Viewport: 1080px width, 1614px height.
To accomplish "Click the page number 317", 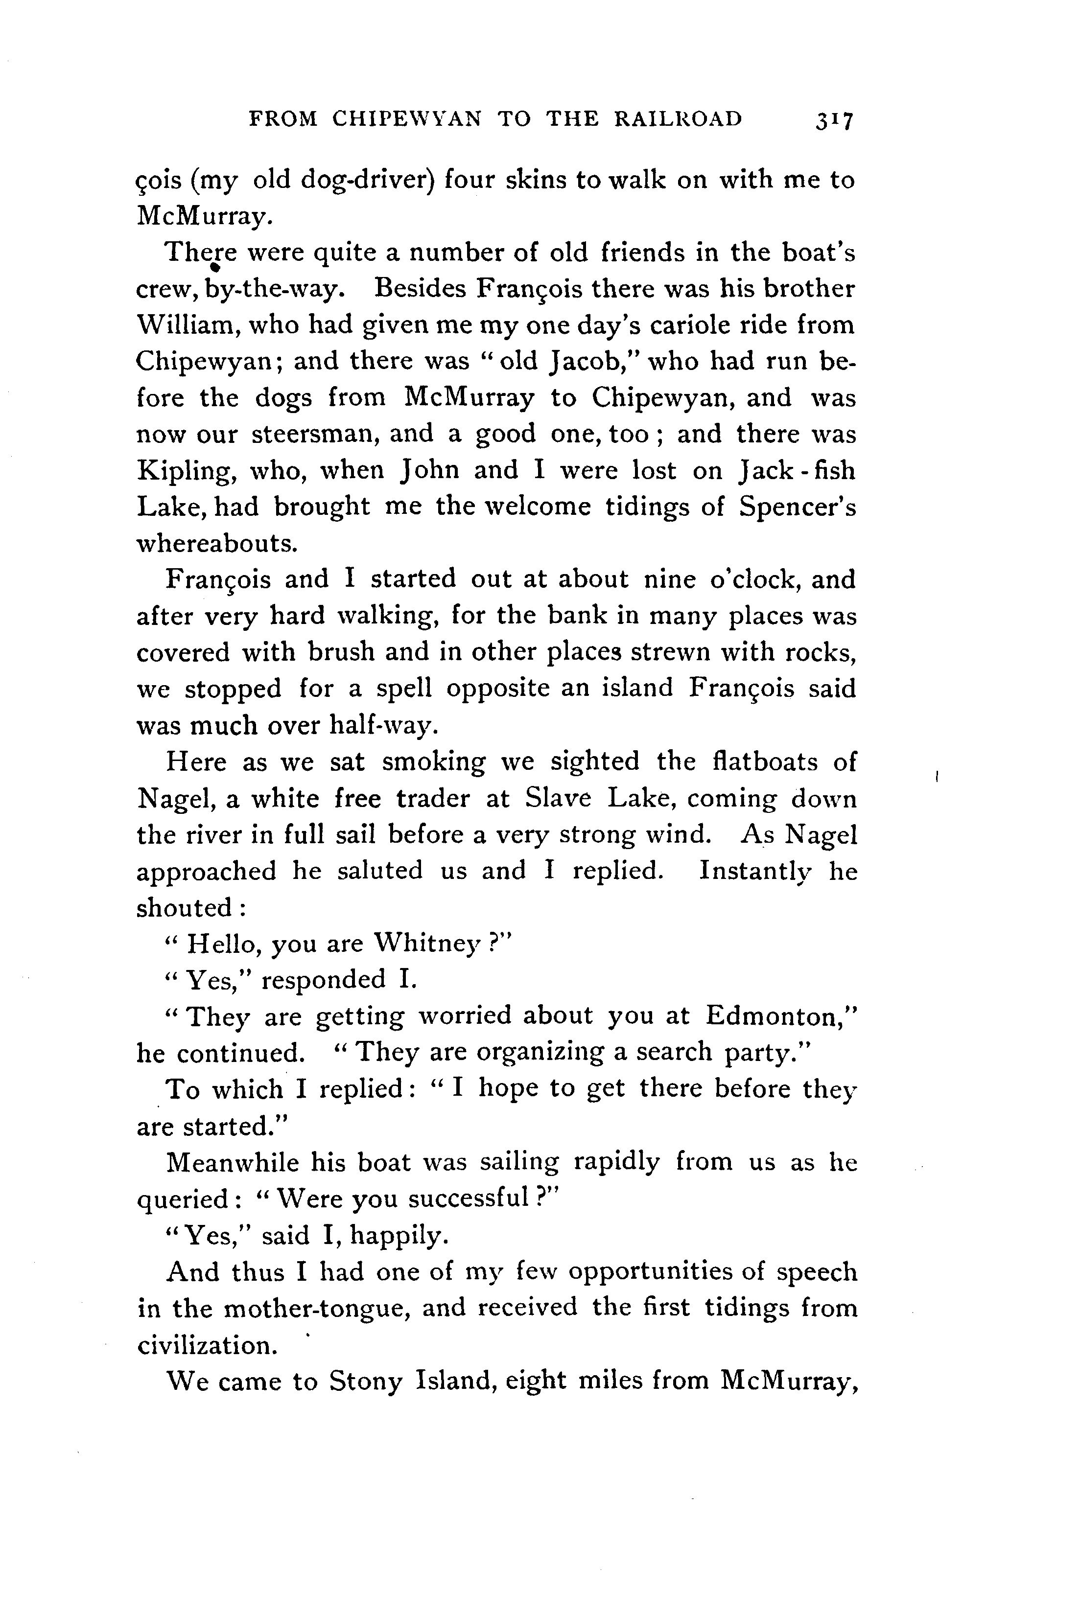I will pyautogui.click(x=834, y=120).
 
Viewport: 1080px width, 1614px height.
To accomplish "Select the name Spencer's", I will pyautogui.click(x=797, y=507).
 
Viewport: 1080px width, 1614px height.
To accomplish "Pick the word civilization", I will pyautogui.click(x=207, y=1345).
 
